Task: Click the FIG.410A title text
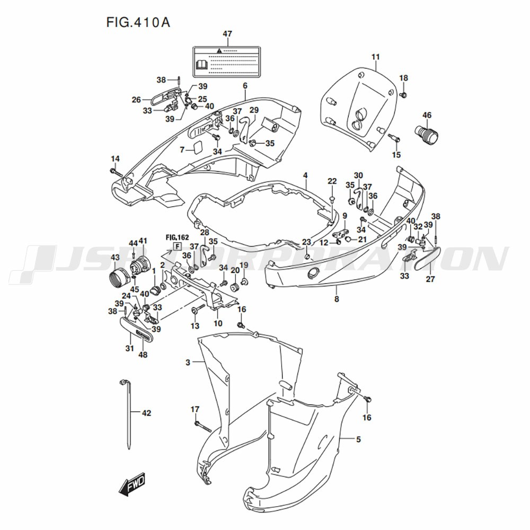(134, 23)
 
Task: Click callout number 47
(227, 34)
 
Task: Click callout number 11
(376, 57)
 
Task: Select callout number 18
(404, 78)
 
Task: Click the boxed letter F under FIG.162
(177, 246)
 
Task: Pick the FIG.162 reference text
(177, 236)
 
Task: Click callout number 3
(188, 363)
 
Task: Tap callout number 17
(195, 409)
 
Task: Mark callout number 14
(115, 159)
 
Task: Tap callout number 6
(245, 86)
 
